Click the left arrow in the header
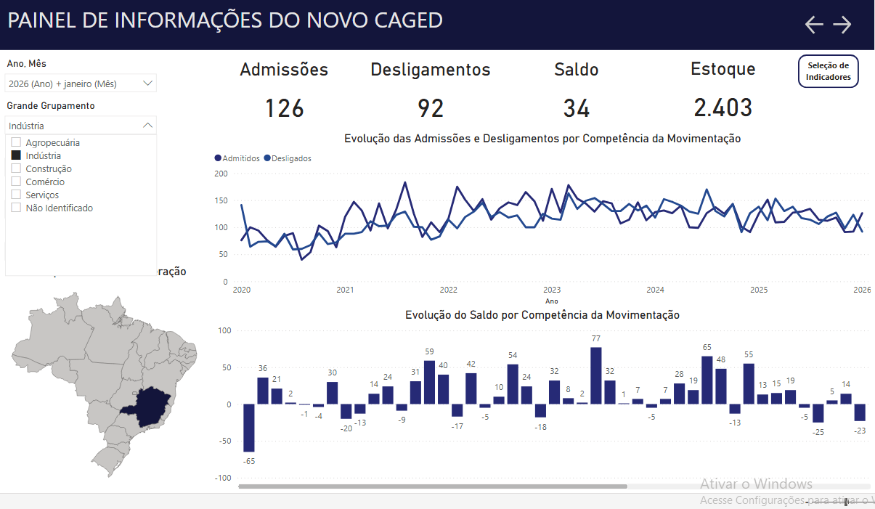point(814,25)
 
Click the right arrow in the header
point(842,25)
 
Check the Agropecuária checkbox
point(16,142)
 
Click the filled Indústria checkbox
point(16,155)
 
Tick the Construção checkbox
point(16,168)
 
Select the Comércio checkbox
point(16,182)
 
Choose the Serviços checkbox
point(16,195)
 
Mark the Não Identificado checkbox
point(16,208)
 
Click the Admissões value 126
point(284,108)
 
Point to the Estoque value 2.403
point(723,108)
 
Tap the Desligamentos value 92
point(431,108)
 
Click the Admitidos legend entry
point(237,158)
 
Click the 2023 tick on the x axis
point(552,290)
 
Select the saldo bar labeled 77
point(596,375)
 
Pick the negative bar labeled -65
point(249,428)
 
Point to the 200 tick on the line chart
point(221,174)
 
